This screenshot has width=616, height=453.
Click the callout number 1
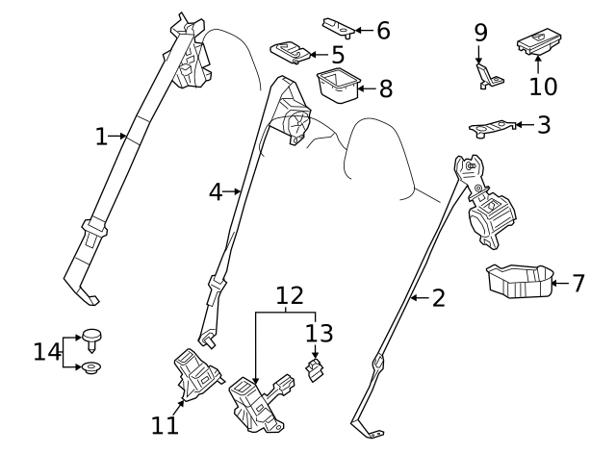point(101,137)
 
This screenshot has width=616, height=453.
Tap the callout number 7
point(577,283)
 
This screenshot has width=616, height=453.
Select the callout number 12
point(290,295)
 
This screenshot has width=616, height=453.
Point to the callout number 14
point(47,352)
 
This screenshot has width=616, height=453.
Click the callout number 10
point(543,87)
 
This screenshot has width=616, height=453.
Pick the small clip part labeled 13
point(314,370)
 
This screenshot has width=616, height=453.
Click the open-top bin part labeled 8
point(338,86)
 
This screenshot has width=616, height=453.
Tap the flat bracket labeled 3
point(493,128)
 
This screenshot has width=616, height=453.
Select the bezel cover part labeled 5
point(291,51)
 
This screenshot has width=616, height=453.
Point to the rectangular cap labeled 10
point(539,42)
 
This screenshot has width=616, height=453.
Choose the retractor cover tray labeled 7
point(520,282)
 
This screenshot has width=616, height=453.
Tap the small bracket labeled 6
point(339,28)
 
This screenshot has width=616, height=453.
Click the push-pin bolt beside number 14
point(91,340)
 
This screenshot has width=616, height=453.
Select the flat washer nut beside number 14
point(92,368)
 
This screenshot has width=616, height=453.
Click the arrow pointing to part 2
point(420,298)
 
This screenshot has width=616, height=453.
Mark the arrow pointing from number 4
point(231,191)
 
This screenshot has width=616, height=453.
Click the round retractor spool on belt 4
point(297,122)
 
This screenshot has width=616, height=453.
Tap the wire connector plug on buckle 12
point(285,383)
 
